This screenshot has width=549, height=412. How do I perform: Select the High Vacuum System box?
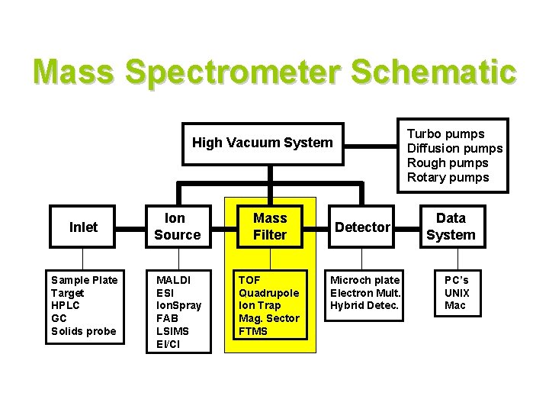[262, 142]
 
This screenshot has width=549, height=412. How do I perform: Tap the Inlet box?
[83, 227]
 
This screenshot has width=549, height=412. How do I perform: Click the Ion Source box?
[176, 227]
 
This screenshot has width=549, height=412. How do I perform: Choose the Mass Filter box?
[269, 227]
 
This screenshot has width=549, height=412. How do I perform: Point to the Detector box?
[363, 227]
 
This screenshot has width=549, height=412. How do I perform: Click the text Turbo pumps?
[445, 134]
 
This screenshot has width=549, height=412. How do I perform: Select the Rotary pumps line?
[448, 177]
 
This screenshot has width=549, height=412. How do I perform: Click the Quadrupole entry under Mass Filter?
[268, 293]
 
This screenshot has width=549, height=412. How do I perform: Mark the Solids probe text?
[83, 330]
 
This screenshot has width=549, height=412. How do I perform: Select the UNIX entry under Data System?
[457, 293]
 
